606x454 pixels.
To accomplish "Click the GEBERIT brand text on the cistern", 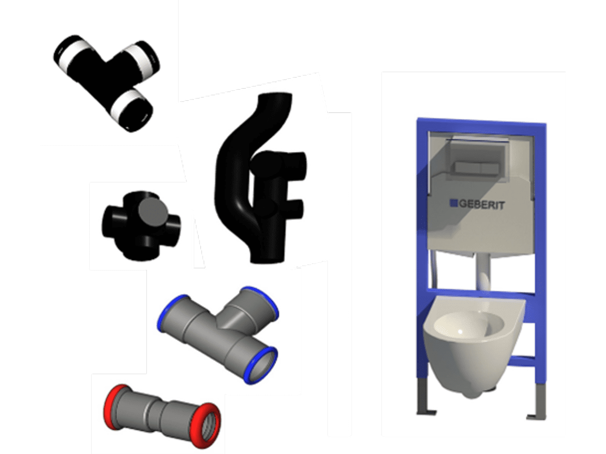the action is pos(481,204).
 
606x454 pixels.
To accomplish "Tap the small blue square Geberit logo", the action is pos(454,203).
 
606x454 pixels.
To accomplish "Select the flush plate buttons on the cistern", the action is pos(477,168).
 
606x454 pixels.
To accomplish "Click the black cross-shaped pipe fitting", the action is pos(141,226).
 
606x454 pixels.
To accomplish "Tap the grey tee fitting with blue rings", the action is pos(218,334).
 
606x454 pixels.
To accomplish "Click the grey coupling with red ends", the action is pos(162,416).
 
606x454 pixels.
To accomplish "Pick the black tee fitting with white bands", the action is pos(107,83).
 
